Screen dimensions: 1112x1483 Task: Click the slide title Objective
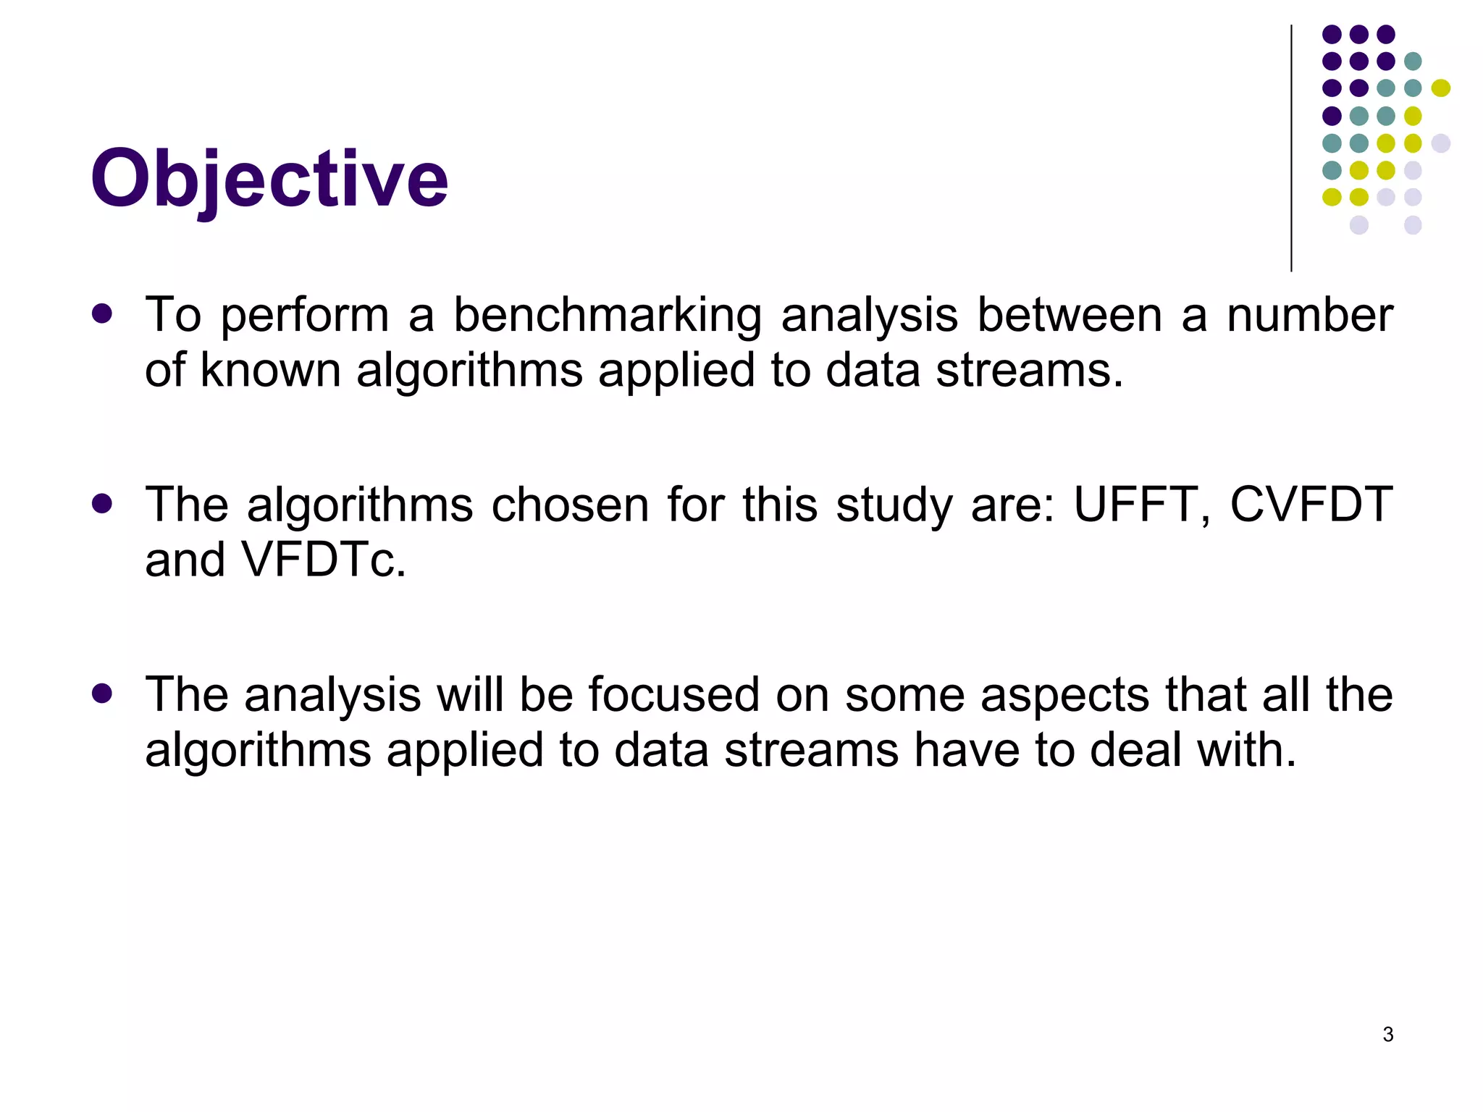pyautogui.click(x=269, y=179)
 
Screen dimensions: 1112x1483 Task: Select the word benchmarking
pyautogui.click(x=607, y=316)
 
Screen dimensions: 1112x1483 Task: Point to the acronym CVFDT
pyautogui.click(x=1311, y=504)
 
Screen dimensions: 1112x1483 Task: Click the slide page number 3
pyautogui.click(x=1387, y=1035)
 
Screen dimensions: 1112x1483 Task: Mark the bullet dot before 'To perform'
pyautogui.click(x=102, y=313)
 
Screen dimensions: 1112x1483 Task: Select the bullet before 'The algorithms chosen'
pyautogui.click(x=102, y=503)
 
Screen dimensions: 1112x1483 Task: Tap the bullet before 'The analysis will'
pyautogui.click(x=102, y=694)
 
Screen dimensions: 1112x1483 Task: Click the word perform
pyautogui.click(x=304, y=317)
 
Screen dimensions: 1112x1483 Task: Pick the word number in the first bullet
pyautogui.click(x=1309, y=316)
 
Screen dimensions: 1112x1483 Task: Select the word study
pyautogui.click(x=894, y=505)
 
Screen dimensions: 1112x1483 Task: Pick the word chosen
pyautogui.click(x=570, y=504)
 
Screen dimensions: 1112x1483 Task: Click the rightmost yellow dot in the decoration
pyautogui.click(x=1440, y=88)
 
